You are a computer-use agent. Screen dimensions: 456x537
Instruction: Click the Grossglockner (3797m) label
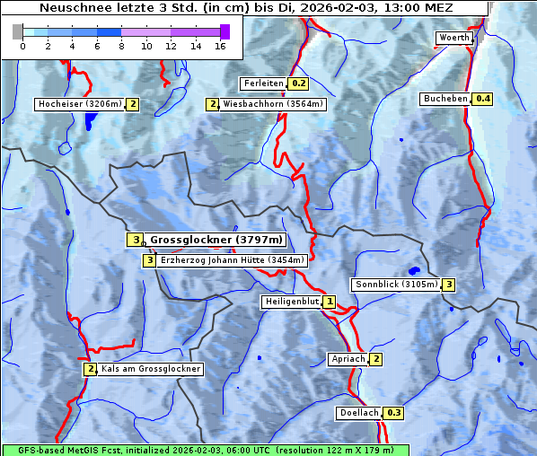click(216, 240)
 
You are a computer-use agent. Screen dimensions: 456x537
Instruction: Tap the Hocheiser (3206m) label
click(79, 104)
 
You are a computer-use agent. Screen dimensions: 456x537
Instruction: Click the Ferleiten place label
click(263, 83)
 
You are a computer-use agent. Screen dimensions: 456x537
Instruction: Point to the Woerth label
click(453, 38)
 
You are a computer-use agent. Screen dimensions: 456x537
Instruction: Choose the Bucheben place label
click(445, 99)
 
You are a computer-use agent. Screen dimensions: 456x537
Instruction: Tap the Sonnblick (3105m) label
click(396, 285)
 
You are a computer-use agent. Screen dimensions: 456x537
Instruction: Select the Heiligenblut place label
click(291, 302)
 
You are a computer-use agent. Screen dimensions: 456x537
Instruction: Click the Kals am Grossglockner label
click(150, 369)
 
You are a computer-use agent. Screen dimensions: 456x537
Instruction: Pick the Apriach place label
click(348, 359)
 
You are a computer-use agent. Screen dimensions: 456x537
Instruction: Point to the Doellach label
click(359, 413)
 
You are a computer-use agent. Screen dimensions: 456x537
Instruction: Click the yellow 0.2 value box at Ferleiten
click(299, 83)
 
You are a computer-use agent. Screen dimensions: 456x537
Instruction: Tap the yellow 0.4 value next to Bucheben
click(483, 99)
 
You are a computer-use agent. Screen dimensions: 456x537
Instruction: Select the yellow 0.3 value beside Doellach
click(394, 413)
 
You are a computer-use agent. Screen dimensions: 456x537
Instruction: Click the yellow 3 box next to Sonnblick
click(449, 285)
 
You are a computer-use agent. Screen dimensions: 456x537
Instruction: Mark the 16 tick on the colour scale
click(220, 46)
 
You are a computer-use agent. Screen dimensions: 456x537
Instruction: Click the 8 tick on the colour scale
click(121, 46)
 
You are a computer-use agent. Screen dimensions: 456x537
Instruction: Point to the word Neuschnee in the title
click(71, 8)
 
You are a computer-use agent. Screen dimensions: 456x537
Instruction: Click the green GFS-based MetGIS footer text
click(204, 450)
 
